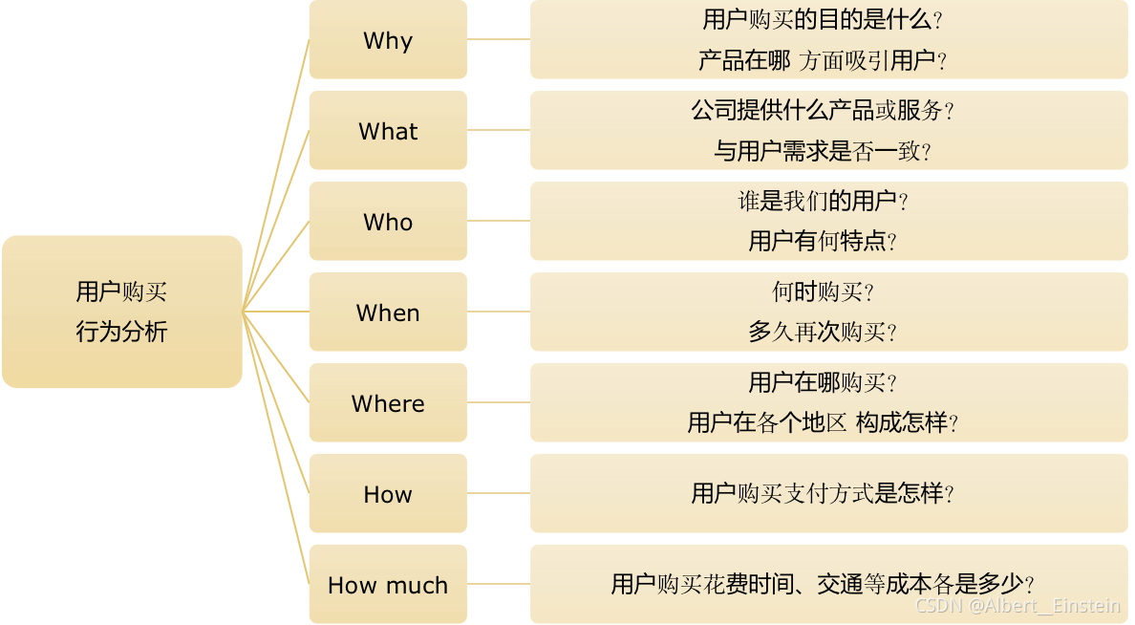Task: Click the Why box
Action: click(388, 40)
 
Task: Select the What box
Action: click(388, 131)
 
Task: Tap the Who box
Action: click(388, 222)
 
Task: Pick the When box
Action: click(388, 312)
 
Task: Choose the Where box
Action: click(388, 403)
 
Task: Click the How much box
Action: click(388, 585)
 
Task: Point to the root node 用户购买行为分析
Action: click(121, 312)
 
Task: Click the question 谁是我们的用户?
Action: click(823, 201)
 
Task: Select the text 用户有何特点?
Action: click(823, 241)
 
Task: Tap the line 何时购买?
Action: click(823, 291)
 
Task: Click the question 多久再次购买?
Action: click(823, 333)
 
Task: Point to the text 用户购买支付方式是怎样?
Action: click(823, 494)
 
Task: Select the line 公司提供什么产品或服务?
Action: click(823, 110)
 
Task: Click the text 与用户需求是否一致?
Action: click(823, 151)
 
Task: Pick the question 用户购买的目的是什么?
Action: click(823, 19)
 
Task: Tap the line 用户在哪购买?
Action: click(823, 382)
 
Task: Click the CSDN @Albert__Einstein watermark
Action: click(1017, 605)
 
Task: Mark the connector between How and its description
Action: click(499, 494)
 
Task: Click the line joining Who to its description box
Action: click(499, 221)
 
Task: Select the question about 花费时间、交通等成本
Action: click(823, 584)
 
